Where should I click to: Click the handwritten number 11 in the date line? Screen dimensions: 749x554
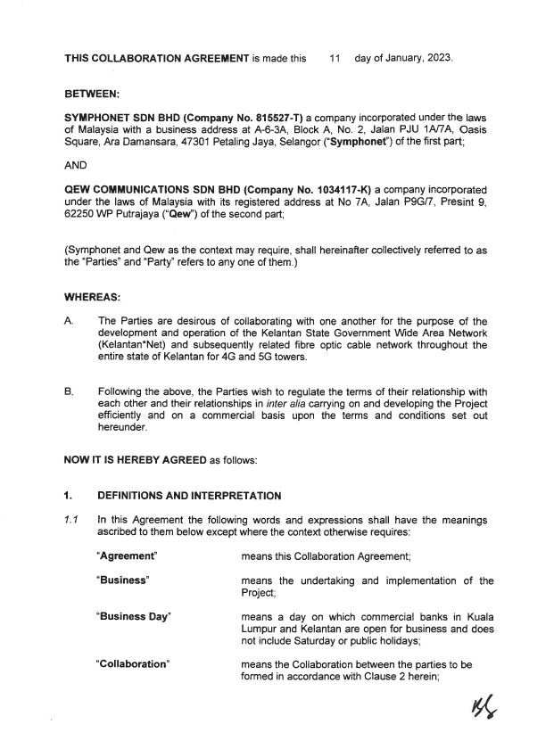point(335,59)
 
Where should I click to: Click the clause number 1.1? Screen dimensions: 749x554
point(71,518)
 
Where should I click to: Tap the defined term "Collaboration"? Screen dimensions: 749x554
point(133,666)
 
